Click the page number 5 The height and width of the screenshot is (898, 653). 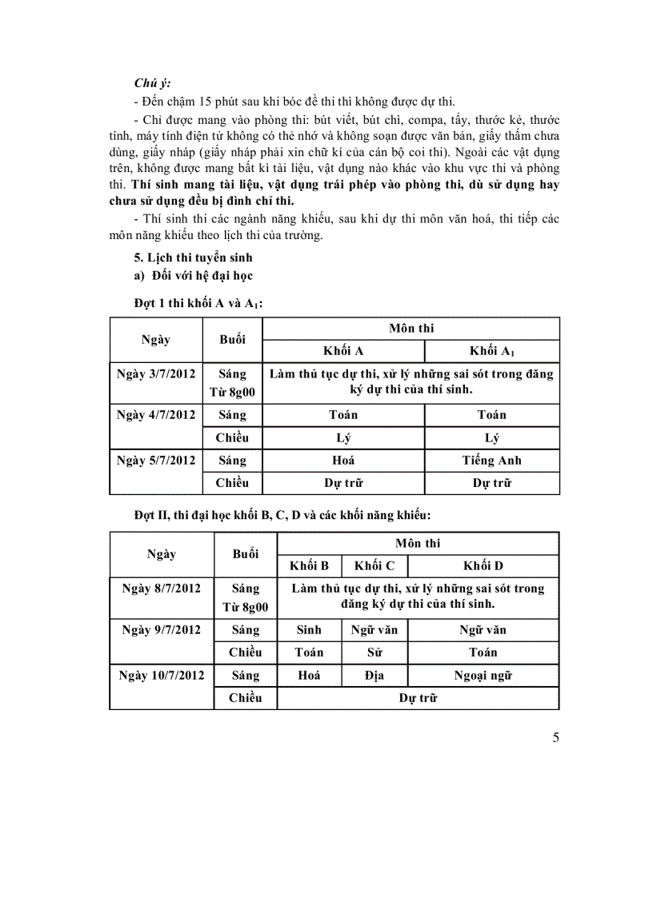click(555, 737)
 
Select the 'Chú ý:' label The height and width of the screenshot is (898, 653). click(151, 82)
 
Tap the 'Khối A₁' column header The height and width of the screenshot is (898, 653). click(491, 351)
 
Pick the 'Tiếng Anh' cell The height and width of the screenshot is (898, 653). click(491, 461)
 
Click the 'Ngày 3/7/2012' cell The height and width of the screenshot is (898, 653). click(155, 373)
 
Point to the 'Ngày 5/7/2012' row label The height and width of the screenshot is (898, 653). click(155, 461)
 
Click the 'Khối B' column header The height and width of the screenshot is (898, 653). click(309, 566)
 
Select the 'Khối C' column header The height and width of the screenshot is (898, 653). click(374, 566)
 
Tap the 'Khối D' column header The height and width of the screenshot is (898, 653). click(483, 566)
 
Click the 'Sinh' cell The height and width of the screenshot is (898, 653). click(309, 630)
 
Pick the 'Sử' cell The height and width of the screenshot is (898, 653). click(374, 653)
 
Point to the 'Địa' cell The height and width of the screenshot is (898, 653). click(374, 676)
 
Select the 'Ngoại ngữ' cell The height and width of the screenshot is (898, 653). click(483, 676)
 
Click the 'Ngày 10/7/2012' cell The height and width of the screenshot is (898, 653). click(161, 676)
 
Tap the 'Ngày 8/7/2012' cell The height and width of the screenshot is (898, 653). click(161, 589)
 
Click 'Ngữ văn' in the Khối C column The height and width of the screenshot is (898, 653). click(374, 630)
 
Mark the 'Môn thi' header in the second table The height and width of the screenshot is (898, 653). click(418, 544)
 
